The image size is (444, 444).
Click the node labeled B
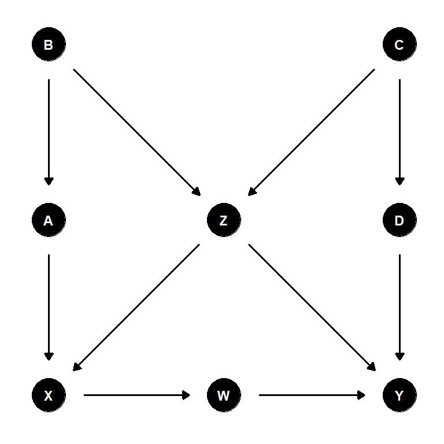(49, 45)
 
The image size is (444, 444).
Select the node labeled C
(399, 45)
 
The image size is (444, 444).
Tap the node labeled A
(49, 220)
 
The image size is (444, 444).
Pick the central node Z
(224, 220)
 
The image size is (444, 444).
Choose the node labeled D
(399, 220)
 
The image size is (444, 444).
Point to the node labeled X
(49, 395)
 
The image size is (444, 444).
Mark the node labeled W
(224, 395)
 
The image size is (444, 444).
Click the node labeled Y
(399, 395)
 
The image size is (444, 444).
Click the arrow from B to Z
(136, 132)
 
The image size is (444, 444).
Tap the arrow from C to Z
(312, 132)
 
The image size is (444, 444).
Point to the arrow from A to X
(49, 307)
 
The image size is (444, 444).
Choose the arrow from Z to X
(136, 307)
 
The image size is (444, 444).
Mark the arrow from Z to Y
(312, 307)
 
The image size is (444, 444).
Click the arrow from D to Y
(399, 307)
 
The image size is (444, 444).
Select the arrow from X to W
(136, 395)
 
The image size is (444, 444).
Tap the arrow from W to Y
(312, 395)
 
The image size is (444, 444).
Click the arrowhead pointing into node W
(186, 395)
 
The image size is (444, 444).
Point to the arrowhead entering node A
(49, 182)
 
